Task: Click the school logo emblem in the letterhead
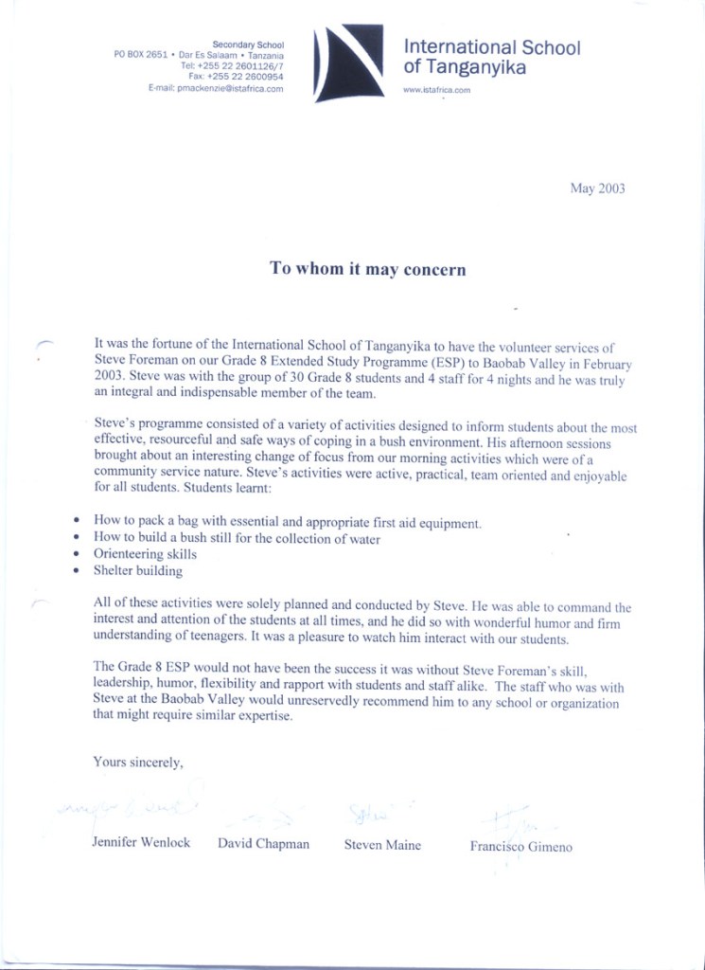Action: point(349,63)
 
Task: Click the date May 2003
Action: point(597,189)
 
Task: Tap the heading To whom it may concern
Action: point(368,269)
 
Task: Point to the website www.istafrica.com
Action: point(436,91)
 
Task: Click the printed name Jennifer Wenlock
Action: point(141,842)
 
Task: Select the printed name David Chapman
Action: point(263,844)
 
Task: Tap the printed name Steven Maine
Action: point(382,845)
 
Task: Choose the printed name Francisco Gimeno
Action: point(520,847)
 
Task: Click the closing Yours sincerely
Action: point(137,761)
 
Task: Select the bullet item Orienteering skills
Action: point(145,554)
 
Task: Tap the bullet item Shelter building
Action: point(138,571)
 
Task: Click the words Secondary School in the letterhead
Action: point(248,45)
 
